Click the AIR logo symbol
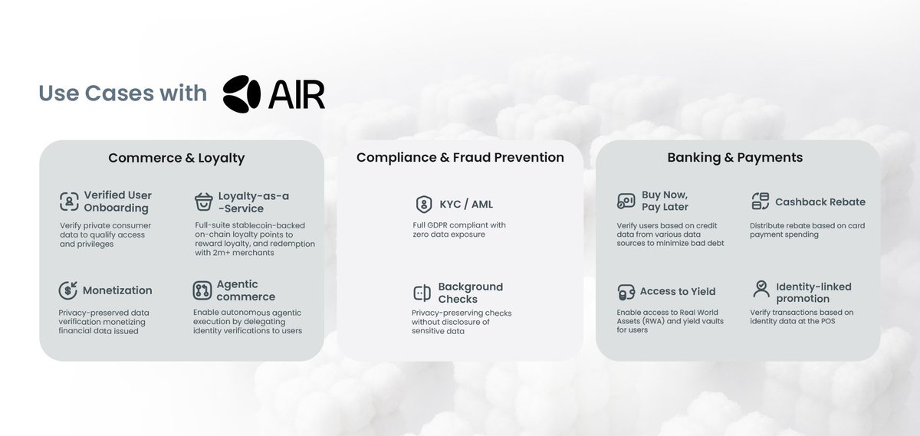242,93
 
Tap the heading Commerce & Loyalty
176,158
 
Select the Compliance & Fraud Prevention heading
460,157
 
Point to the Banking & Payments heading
735,157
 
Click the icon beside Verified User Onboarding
69,202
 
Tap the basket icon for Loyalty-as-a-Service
203,202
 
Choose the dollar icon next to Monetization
68,290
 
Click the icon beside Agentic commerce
202,290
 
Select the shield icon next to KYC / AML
423,204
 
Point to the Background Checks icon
422,293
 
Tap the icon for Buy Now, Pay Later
626,202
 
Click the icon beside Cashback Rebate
761,202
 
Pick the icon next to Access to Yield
626,292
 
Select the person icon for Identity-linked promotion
761,289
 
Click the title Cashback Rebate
820,202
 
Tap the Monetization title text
117,290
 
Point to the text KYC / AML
466,204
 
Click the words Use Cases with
123,93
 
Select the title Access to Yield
678,291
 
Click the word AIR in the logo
297,93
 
